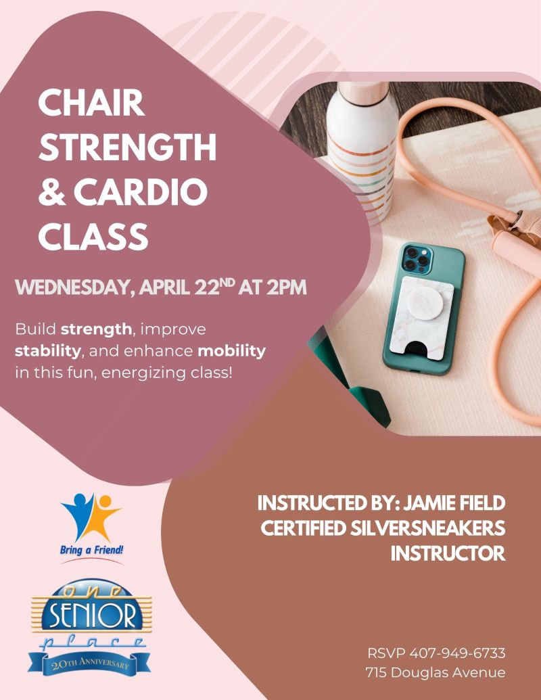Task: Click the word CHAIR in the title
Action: (91, 105)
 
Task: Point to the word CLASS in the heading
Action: (93, 237)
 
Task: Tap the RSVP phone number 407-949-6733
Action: (456, 654)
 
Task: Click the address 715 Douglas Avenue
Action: (435, 672)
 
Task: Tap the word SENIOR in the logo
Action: (93, 615)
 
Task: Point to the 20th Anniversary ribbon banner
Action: (89, 663)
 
